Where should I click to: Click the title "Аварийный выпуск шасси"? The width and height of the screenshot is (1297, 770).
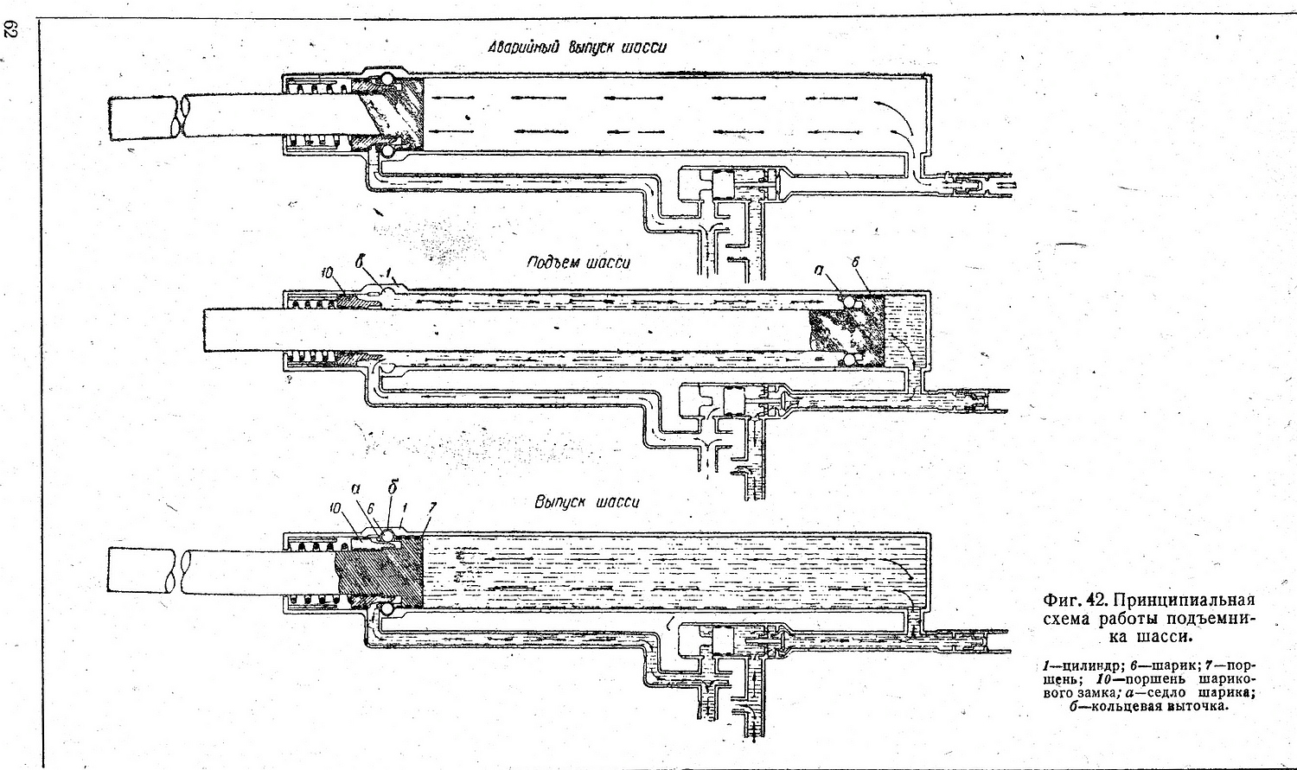578,48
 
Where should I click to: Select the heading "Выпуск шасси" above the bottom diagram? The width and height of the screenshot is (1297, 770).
587,502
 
